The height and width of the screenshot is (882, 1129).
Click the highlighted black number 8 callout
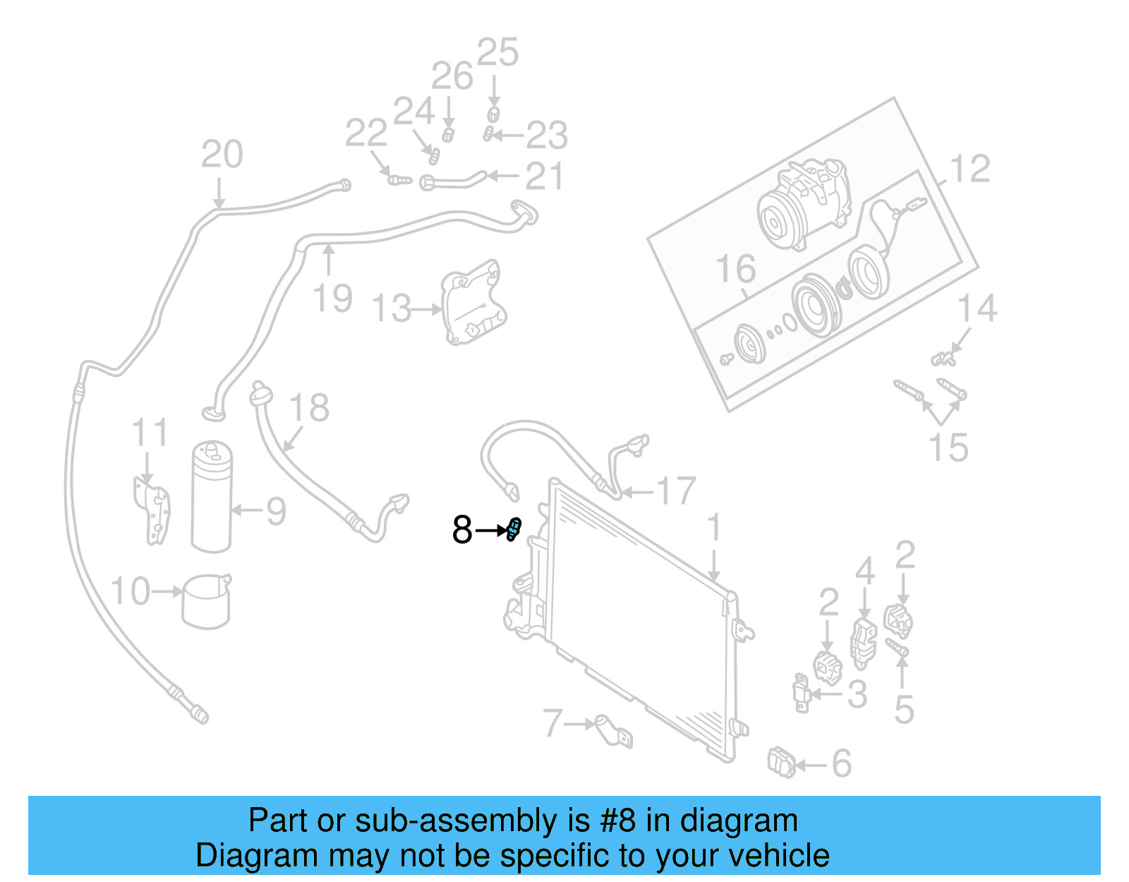(x=462, y=530)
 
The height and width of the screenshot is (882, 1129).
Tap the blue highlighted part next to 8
(x=514, y=529)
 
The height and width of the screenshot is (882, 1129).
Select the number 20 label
(x=222, y=154)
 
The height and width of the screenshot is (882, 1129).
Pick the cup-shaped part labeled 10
(x=205, y=601)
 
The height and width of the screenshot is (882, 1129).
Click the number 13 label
(x=391, y=309)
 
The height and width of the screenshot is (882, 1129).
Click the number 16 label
(x=736, y=269)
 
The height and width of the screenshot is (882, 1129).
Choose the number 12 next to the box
(x=970, y=169)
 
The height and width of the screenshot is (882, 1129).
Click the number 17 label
(x=676, y=491)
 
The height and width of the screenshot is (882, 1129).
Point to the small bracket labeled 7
(x=611, y=731)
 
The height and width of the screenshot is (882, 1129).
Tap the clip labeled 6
(x=781, y=763)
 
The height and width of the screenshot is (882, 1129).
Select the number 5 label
(x=904, y=709)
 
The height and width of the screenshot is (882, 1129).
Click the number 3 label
(x=857, y=694)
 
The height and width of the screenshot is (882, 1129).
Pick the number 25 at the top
(x=497, y=53)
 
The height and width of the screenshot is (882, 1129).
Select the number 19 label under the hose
(x=332, y=298)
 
